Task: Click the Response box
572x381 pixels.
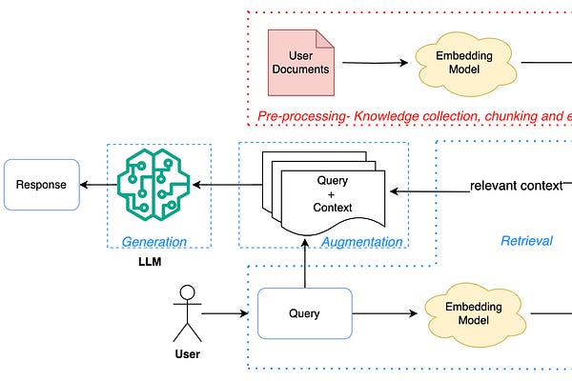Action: pos(42,185)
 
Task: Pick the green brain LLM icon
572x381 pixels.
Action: pos(148,185)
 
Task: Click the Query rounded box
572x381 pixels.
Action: pos(305,313)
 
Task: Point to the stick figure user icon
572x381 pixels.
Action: pos(187,312)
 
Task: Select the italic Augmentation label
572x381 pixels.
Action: pos(361,242)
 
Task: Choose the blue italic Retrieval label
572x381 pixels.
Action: pos(526,241)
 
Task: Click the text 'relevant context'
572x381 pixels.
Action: pos(516,185)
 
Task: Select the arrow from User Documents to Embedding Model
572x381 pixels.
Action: pos(376,63)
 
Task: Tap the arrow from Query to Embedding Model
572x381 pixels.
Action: pos(386,313)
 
